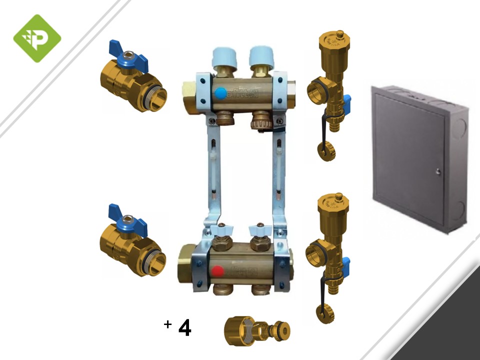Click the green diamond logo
pos(37,38)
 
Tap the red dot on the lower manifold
pos(216,271)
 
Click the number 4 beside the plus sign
pos(184,328)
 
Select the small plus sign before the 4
pos(167,324)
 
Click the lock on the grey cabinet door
pos(438,172)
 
